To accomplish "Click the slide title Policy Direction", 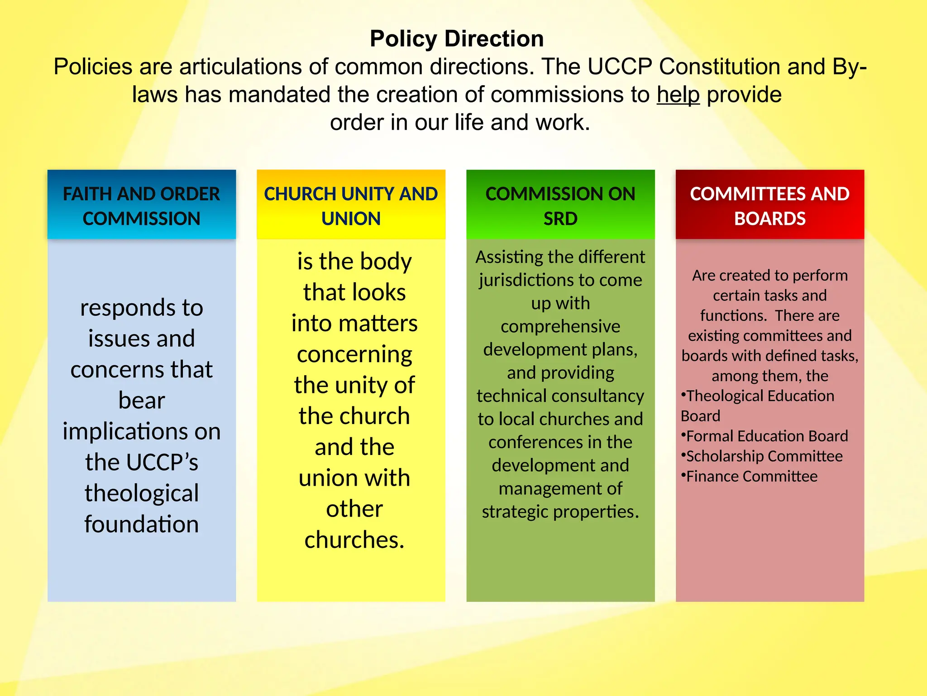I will pyautogui.click(x=457, y=39).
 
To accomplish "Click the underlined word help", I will pyautogui.click(x=678, y=95).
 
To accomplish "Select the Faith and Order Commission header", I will pyautogui.click(x=141, y=206).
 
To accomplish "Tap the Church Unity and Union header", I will pyautogui.click(x=351, y=206).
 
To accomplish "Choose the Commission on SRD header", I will pyautogui.click(x=560, y=206).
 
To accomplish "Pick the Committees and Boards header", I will pyautogui.click(x=769, y=206).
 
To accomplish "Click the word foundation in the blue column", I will pyautogui.click(x=142, y=524).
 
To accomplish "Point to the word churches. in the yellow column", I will pyautogui.click(x=354, y=540).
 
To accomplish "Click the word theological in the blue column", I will pyautogui.click(x=142, y=493).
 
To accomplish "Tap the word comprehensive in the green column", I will pyautogui.click(x=560, y=326).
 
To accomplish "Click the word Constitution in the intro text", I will pyautogui.click(x=719, y=67).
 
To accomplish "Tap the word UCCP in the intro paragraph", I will pyautogui.click(x=620, y=67).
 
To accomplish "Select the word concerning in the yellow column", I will pyautogui.click(x=354, y=354).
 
